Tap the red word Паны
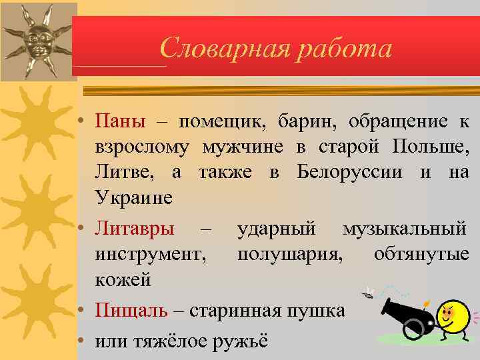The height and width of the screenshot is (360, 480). [x=120, y=121]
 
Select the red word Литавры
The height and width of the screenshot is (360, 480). [x=135, y=229]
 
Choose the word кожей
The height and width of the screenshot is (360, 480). [x=123, y=280]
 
